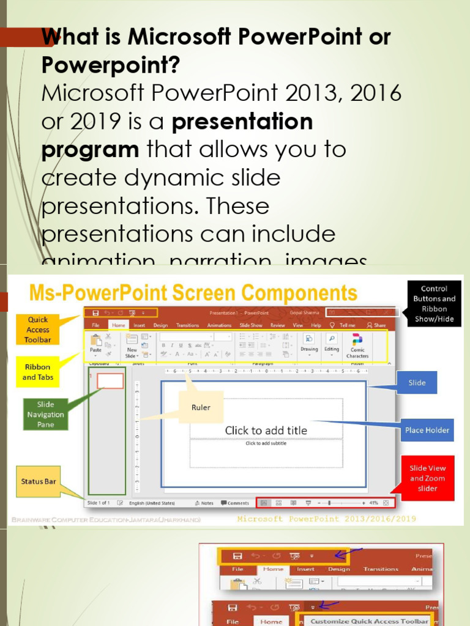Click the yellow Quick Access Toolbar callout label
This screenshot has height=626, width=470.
37,330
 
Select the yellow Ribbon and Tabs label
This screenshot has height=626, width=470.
38,372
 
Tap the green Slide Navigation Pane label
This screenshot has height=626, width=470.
45,414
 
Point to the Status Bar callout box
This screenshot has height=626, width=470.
38,481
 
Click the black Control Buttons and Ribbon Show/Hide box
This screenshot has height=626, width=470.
434,304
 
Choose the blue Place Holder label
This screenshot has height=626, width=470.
427,430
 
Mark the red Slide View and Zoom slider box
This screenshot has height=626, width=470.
427,478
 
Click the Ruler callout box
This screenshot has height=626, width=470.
201,407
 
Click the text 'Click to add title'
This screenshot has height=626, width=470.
266,430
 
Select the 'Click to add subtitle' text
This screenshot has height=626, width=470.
266,443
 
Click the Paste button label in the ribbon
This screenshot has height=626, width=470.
95,350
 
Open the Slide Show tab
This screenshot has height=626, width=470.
251,325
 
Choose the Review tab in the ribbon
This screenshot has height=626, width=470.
278,325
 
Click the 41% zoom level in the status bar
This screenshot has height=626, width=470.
373,503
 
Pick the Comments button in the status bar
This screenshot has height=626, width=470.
235,503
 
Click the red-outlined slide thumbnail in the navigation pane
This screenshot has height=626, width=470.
110,381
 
